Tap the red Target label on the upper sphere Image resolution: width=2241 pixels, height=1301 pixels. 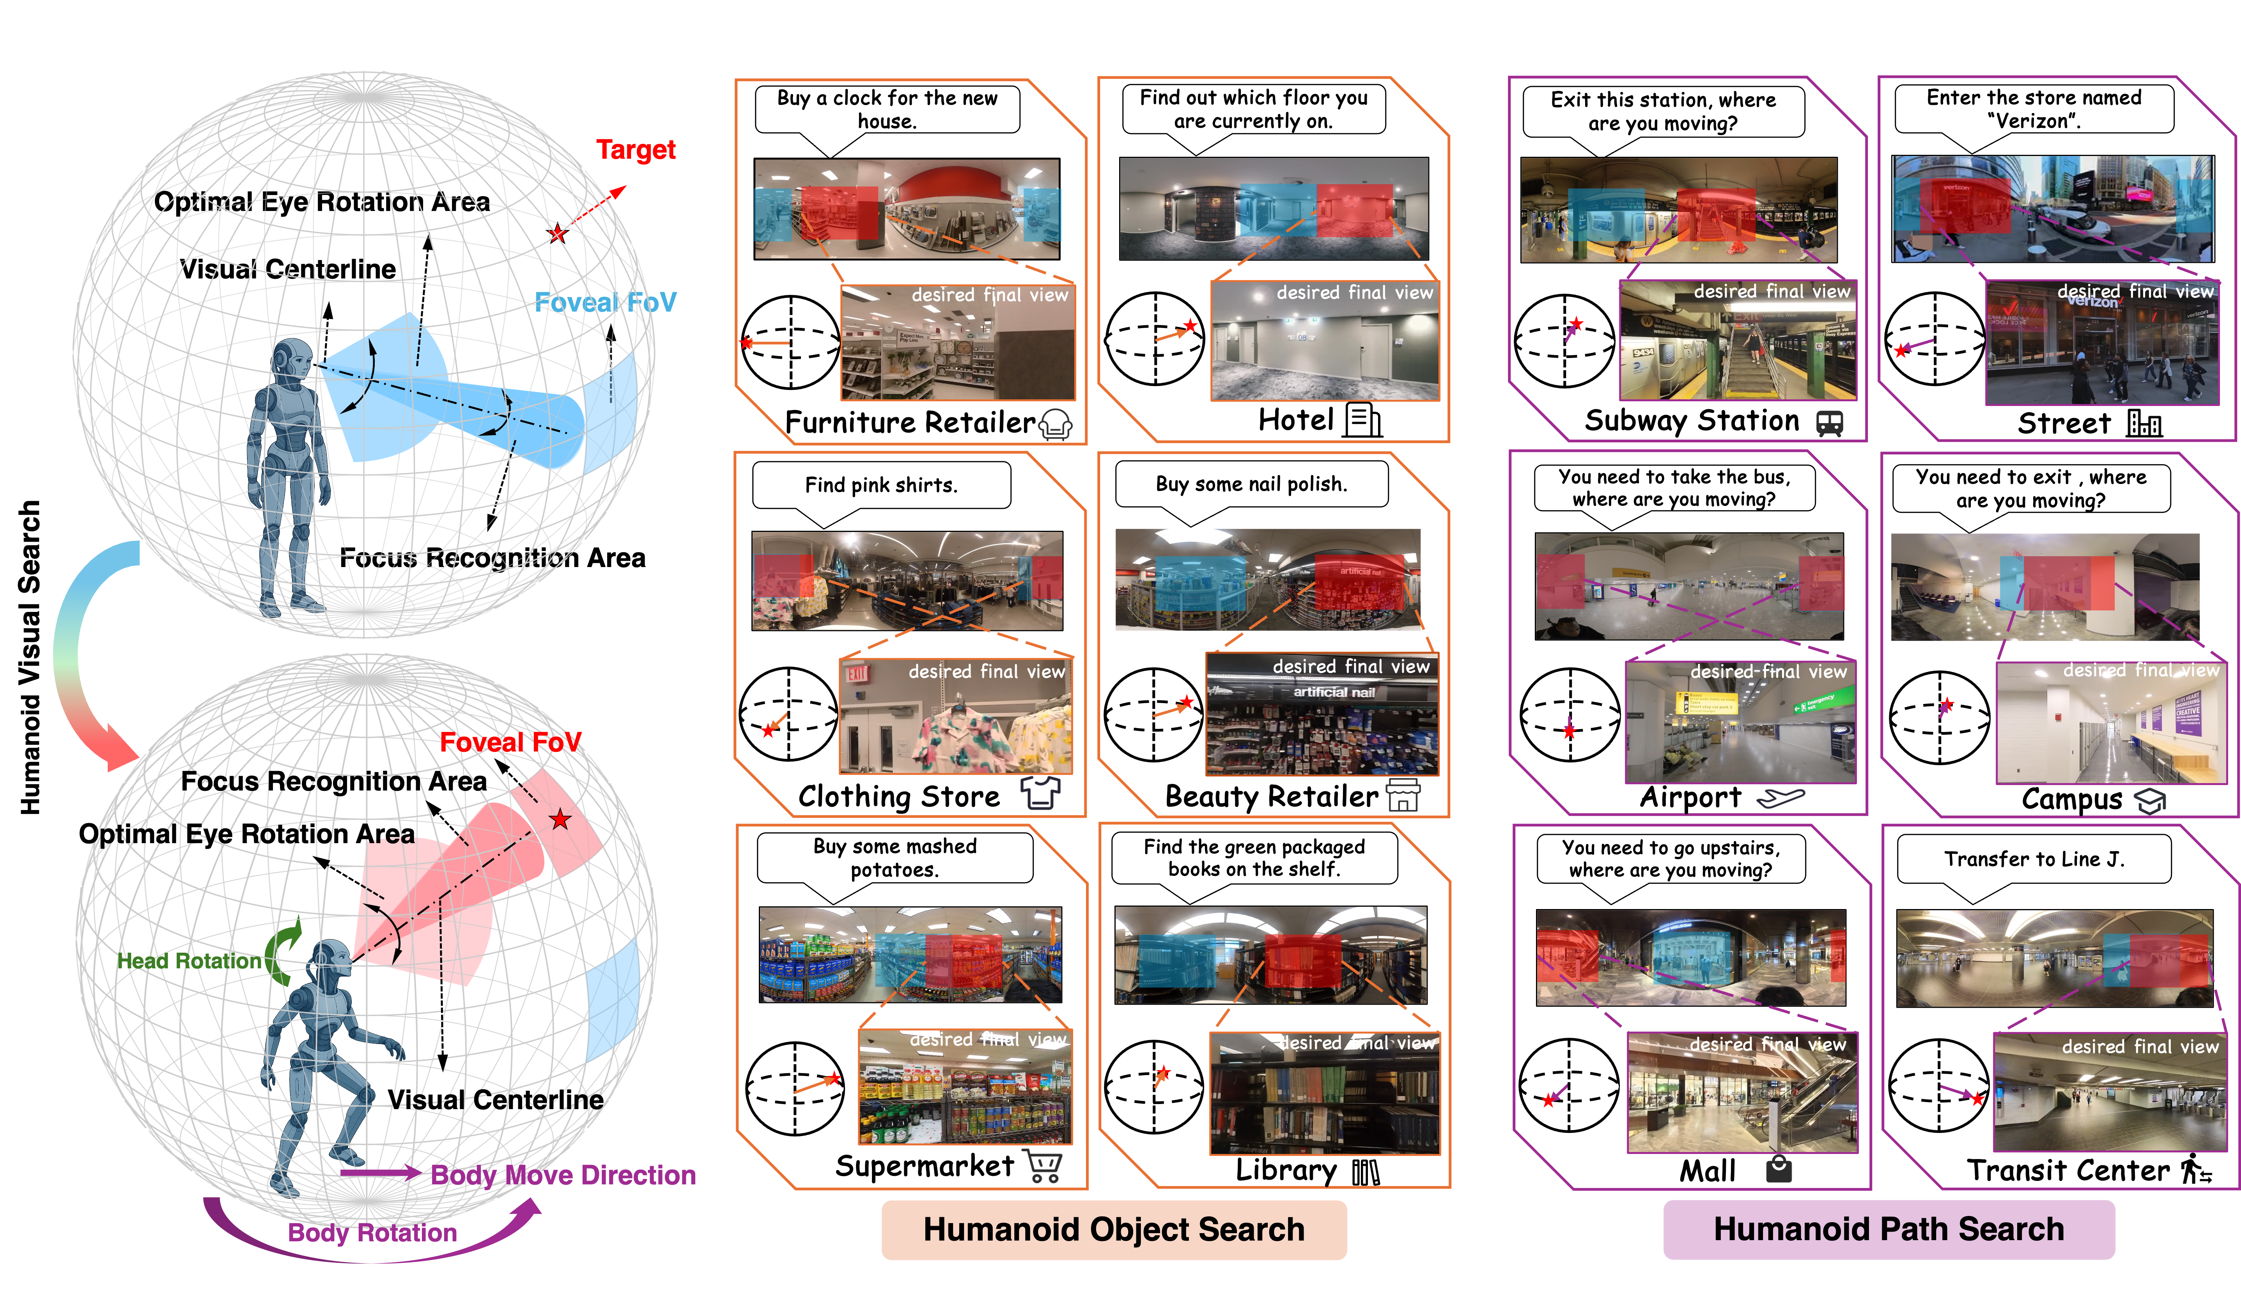[636, 149]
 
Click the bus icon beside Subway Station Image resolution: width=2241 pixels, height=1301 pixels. [1829, 423]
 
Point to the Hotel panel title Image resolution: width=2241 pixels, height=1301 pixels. [1296, 420]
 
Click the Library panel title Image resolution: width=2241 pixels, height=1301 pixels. [1286, 1170]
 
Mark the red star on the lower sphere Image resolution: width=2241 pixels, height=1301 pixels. [559, 819]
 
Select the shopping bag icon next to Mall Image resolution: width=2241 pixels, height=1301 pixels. [1779, 1170]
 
